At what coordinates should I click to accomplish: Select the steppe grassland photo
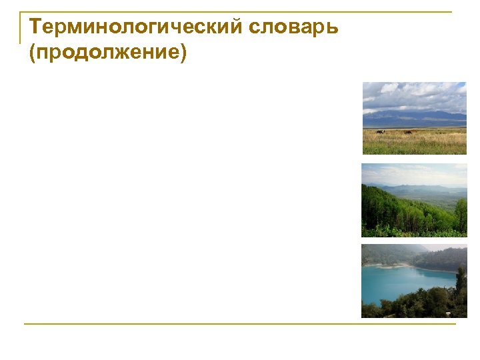pos(414,118)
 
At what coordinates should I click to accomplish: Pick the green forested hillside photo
pos(414,200)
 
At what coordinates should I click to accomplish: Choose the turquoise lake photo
pos(414,281)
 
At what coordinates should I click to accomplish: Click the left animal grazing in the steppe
pos(379,132)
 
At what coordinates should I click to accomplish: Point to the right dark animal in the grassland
pos(407,132)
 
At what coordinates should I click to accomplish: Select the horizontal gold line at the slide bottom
pos(240,325)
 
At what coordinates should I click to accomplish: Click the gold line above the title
pos(240,12)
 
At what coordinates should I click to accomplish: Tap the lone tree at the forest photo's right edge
pos(461,213)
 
